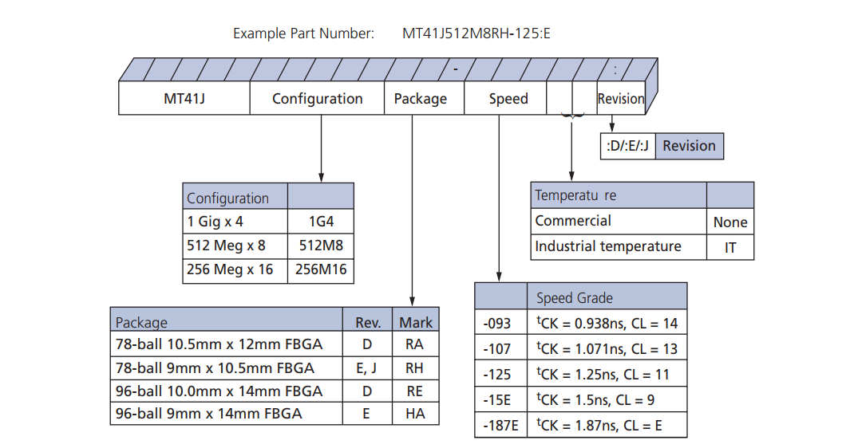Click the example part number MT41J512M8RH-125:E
[x=476, y=33]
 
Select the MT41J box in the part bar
[x=184, y=99]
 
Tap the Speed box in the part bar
[x=508, y=99]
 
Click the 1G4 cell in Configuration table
[x=320, y=222]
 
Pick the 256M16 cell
[x=320, y=269]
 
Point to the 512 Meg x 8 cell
[x=235, y=246]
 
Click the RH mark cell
[x=415, y=368]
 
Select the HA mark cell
[x=415, y=413]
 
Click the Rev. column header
[x=367, y=323]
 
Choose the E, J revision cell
[x=367, y=368]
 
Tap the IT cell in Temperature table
[x=730, y=247]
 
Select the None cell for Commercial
[x=730, y=222]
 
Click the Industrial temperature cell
[x=619, y=246]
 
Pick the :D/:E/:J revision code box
[x=627, y=146]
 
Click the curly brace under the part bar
[x=571, y=117]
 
